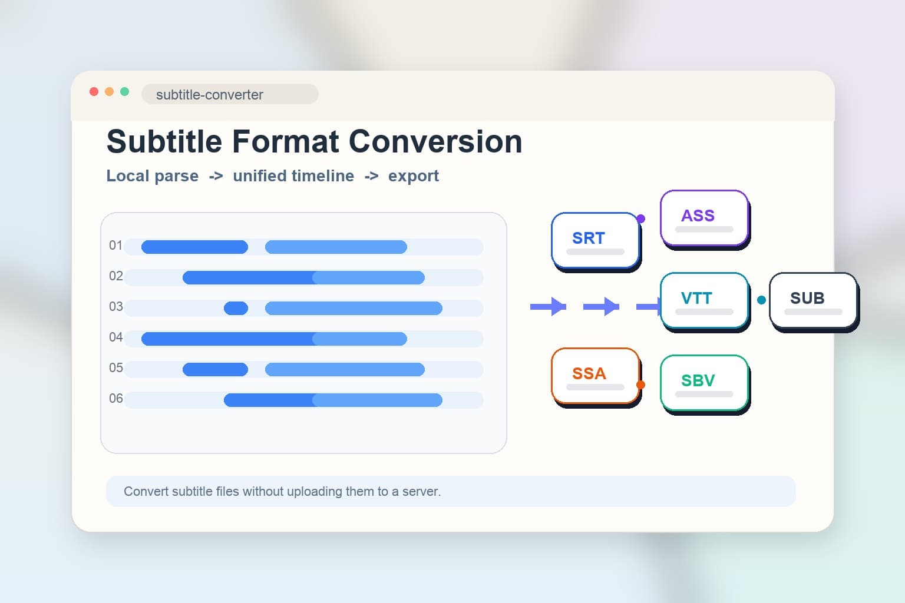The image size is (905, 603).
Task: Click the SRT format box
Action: (595, 240)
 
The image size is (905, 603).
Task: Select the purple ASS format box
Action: (704, 217)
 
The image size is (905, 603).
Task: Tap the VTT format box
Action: (704, 300)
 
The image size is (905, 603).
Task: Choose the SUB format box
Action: (813, 300)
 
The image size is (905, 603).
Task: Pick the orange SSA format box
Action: (595, 375)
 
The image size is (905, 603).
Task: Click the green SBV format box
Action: (704, 382)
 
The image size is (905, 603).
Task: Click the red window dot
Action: (94, 91)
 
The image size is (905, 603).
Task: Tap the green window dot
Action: (124, 91)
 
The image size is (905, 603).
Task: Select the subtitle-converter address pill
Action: (230, 94)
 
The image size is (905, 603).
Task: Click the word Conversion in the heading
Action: (435, 142)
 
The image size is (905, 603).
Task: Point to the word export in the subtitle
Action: (413, 176)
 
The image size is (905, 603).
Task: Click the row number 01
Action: (115, 246)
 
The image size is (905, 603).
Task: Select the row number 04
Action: (115, 337)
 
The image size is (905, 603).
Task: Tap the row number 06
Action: (115, 399)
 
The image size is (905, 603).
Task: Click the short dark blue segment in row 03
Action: (236, 308)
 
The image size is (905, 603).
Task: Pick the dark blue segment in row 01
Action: (194, 247)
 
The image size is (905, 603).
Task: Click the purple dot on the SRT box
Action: (641, 219)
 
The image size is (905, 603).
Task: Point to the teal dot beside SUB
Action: (761, 300)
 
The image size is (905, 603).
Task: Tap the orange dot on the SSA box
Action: (641, 385)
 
